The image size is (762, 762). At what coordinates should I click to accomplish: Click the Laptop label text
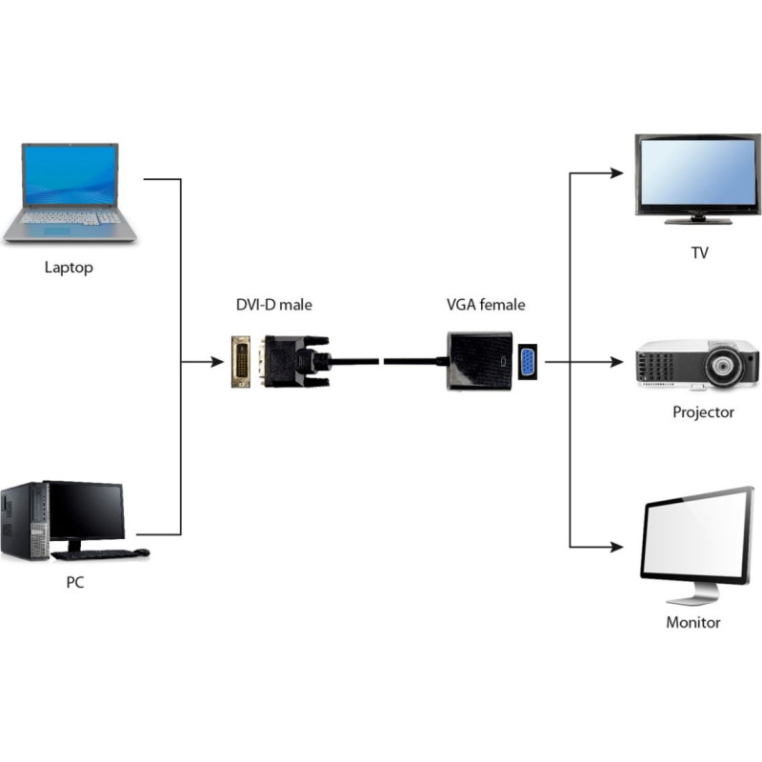(x=69, y=268)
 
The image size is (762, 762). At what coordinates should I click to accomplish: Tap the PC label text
(x=74, y=582)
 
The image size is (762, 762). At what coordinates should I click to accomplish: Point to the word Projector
(x=703, y=412)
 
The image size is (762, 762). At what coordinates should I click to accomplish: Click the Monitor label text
(x=692, y=623)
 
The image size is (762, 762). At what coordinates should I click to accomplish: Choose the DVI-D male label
(x=273, y=305)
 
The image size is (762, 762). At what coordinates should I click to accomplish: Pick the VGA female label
(x=486, y=305)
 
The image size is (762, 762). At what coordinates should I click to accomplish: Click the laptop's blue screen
(x=70, y=175)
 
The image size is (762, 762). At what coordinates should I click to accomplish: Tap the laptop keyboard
(x=70, y=218)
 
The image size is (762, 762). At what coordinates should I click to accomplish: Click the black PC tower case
(x=25, y=520)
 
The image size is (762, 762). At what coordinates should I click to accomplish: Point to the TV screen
(x=699, y=172)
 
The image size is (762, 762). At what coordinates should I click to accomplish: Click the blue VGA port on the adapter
(x=526, y=363)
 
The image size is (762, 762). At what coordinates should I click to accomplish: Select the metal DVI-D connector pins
(x=242, y=362)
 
